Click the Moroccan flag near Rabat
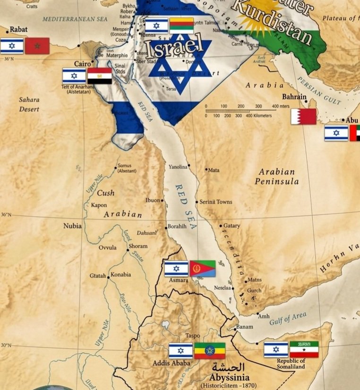pyautogui.click(x=37, y=46)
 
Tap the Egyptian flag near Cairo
pyautogui.click(x=100, y=76)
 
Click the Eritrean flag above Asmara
pyautogui.click(x=203, y=269)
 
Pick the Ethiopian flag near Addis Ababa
pyautogui.click(x=210, y=351)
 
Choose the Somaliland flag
pyautogui.click(x=304, y=349)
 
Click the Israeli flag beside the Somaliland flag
pyautogui.click(x=276, y=349)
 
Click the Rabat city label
pyautogui.click(x=19, y=29)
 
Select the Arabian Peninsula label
pyautogui.click(x=277, y=177)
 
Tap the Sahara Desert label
pyautogui.click(x=29, y=104)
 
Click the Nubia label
pyautogui.click(x=72, y=226)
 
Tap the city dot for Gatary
pyautogui.click(x=221, y=226)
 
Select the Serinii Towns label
pyautogui.click(x=215, y=202)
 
